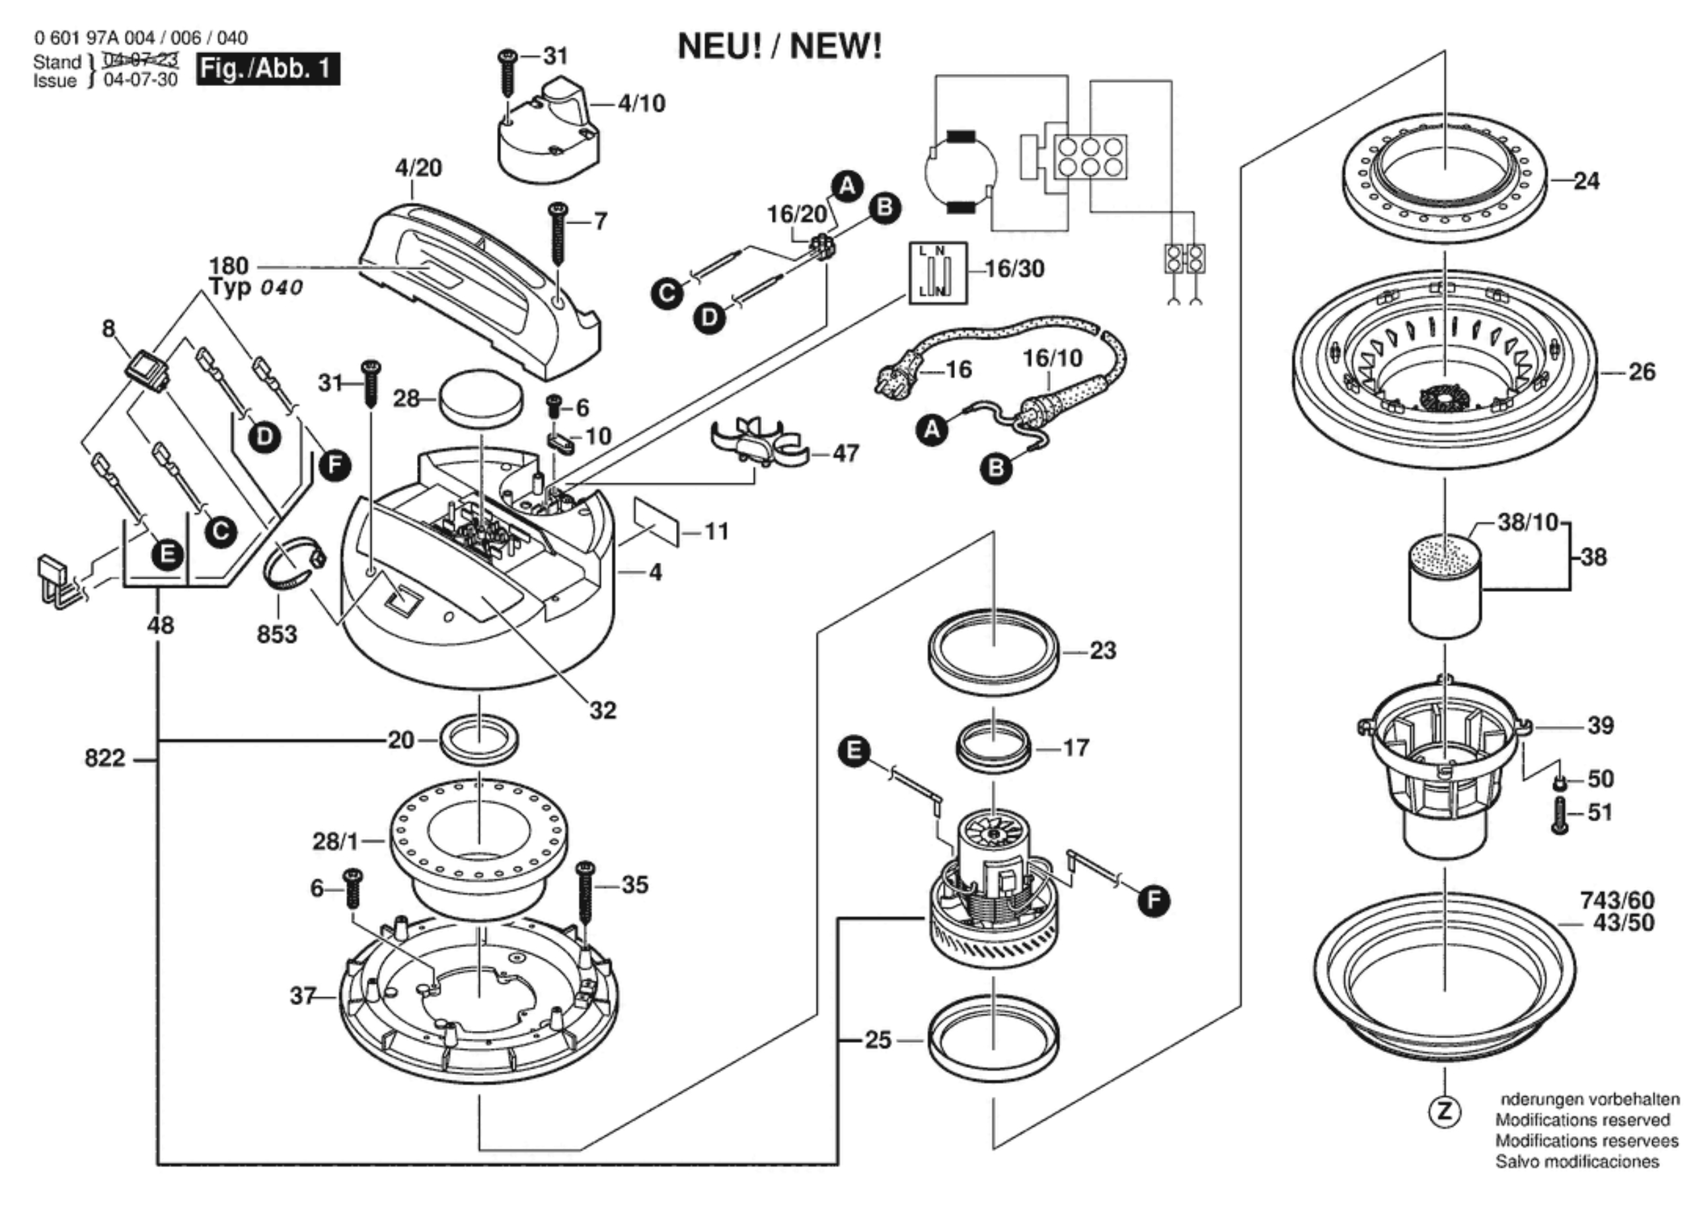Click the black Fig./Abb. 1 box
[268, 69]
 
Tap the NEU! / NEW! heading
[780, 47]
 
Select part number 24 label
[1586, 181]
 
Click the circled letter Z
[1444, 1112]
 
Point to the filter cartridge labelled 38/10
[1444, 586]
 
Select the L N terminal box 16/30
[938, 273]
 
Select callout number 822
[104, 758]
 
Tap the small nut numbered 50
[1559, 783]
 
